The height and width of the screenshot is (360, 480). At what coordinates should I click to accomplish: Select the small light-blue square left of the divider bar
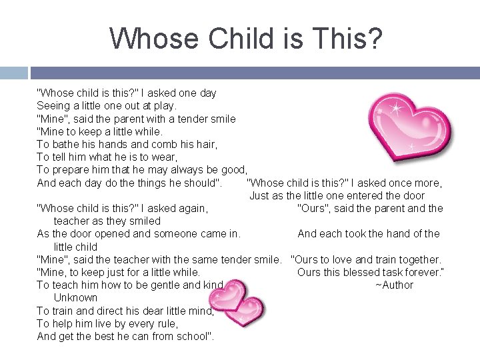[13, 73]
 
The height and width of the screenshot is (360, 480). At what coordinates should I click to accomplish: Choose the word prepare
[72, 170]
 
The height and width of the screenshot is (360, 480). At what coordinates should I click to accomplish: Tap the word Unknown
[75, 298]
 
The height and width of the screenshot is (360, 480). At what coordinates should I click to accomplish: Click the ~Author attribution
[394, 285]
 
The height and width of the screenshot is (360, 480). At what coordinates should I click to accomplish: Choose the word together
[416, 259]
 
